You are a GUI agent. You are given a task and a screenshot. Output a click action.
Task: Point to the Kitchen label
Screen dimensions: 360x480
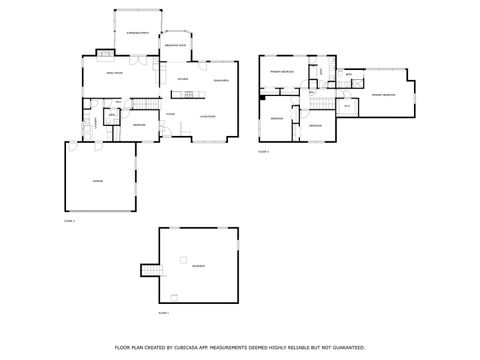[x=183, y=79]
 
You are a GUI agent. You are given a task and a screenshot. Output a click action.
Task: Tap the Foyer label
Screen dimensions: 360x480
[x=171, y=114]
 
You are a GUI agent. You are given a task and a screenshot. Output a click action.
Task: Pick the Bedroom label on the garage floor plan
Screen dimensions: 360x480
[x=139, y=125]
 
